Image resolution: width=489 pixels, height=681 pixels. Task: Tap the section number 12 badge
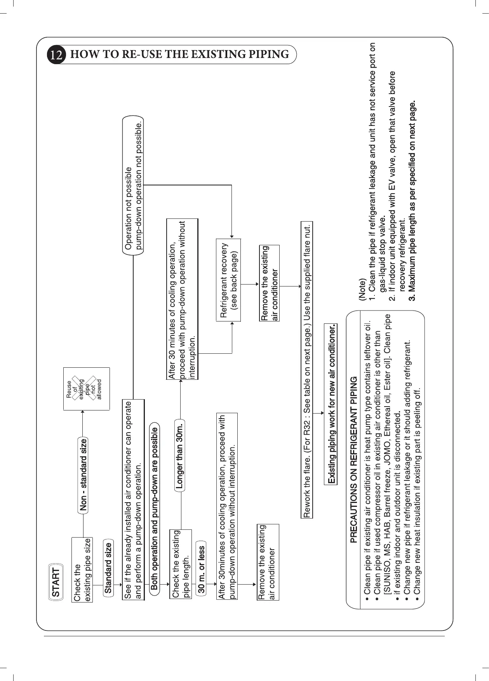tap(56, 55)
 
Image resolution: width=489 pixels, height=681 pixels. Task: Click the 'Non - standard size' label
tap(83, 475)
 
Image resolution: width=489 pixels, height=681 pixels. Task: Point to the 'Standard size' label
tap(108, 568)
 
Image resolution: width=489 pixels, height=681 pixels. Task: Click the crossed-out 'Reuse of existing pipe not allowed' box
tap(87, 389)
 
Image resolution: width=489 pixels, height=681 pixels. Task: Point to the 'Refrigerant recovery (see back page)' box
tap(228, 280)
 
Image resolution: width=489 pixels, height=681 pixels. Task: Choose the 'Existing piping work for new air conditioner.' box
tap(331, 404)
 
